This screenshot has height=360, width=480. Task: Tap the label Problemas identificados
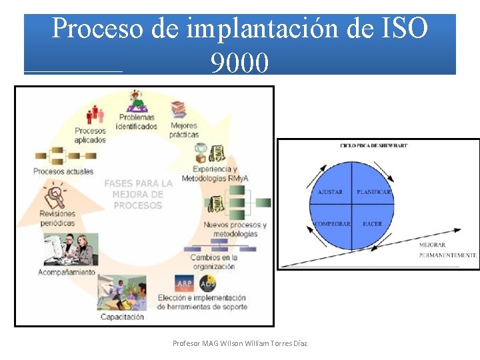(137, 122)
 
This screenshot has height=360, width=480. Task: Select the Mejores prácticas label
(184, 130)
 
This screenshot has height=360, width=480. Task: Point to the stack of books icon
(178, 109)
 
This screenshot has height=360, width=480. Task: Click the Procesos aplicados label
(90, 135)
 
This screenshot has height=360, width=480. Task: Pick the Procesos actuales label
(63, 171)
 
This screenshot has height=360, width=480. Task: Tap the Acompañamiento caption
(67, 273)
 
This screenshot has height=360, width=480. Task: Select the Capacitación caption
(122, 317)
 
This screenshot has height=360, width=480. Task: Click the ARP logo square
(184, 283)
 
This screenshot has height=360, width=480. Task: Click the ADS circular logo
(207, 283)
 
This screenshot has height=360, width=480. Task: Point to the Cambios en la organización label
(213, 262)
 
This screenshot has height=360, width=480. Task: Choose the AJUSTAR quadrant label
(331, 192)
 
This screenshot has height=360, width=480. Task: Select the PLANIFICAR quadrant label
(374, 192)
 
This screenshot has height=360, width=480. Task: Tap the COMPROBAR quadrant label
(332, 224)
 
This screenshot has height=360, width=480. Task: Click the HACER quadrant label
(372, 224)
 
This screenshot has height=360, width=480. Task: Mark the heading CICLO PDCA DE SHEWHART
(373, 145)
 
